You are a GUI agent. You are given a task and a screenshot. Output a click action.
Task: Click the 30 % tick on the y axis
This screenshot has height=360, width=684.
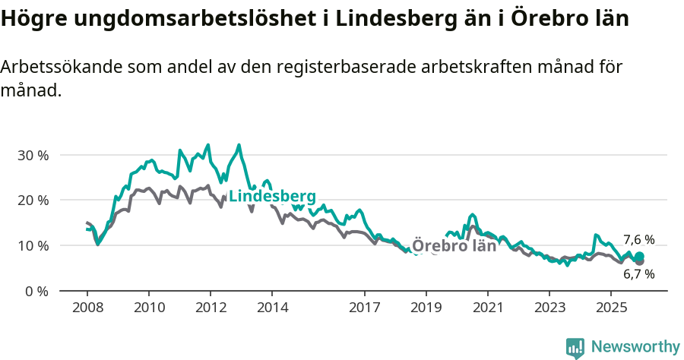pos(32,155)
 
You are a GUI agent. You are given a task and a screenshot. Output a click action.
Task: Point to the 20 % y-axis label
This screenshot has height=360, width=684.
pos(32,201)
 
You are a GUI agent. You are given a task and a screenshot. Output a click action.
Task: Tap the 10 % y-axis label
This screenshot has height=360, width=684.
pos(32,246)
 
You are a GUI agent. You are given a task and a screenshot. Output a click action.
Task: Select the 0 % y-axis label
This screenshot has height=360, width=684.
pos(36,292)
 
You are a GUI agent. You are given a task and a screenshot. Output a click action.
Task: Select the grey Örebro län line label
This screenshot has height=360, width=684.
pos(454,246)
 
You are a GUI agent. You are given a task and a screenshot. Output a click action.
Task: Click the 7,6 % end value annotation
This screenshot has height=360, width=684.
pos(638,240)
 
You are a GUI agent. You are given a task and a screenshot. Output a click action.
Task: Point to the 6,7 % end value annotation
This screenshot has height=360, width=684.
pos(638,274)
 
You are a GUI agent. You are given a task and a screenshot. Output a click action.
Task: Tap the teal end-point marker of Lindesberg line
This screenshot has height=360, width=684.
pos(640,257)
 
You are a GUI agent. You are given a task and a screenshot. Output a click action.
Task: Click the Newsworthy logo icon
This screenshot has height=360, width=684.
pos(575,348)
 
